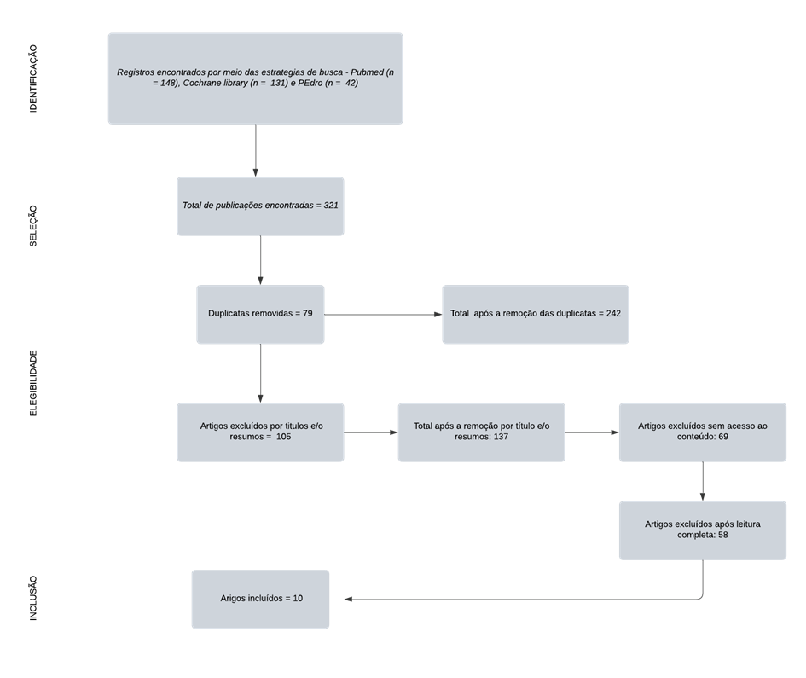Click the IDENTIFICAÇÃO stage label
click(x=33, y=78)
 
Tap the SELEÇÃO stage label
click(x=33, y=226)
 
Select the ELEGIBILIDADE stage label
click(x=33, y=384)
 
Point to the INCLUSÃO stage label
click(x=33, y=599)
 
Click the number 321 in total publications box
click(x=331, y=205)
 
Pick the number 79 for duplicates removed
click(x=307, y=313)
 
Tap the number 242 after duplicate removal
click(x=613, y=313)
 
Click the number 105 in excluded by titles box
click(x=283, y=437)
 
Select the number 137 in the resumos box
click(x=501, y=437)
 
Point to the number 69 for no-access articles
click(x=723, y=437)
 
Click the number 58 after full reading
click(x=722, y=535)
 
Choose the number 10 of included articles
click(x=298, y=599)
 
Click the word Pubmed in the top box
click(x=367, y=72)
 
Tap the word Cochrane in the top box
click(x=201, y=83)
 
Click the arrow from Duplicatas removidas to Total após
click(x=383, y=315)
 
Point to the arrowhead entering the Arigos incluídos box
click(x=348, y=600)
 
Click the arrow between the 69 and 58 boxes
click(x=703, y=481)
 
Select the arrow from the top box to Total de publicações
click(x=256, y=151)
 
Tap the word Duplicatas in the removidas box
click(x=228, y=313)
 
